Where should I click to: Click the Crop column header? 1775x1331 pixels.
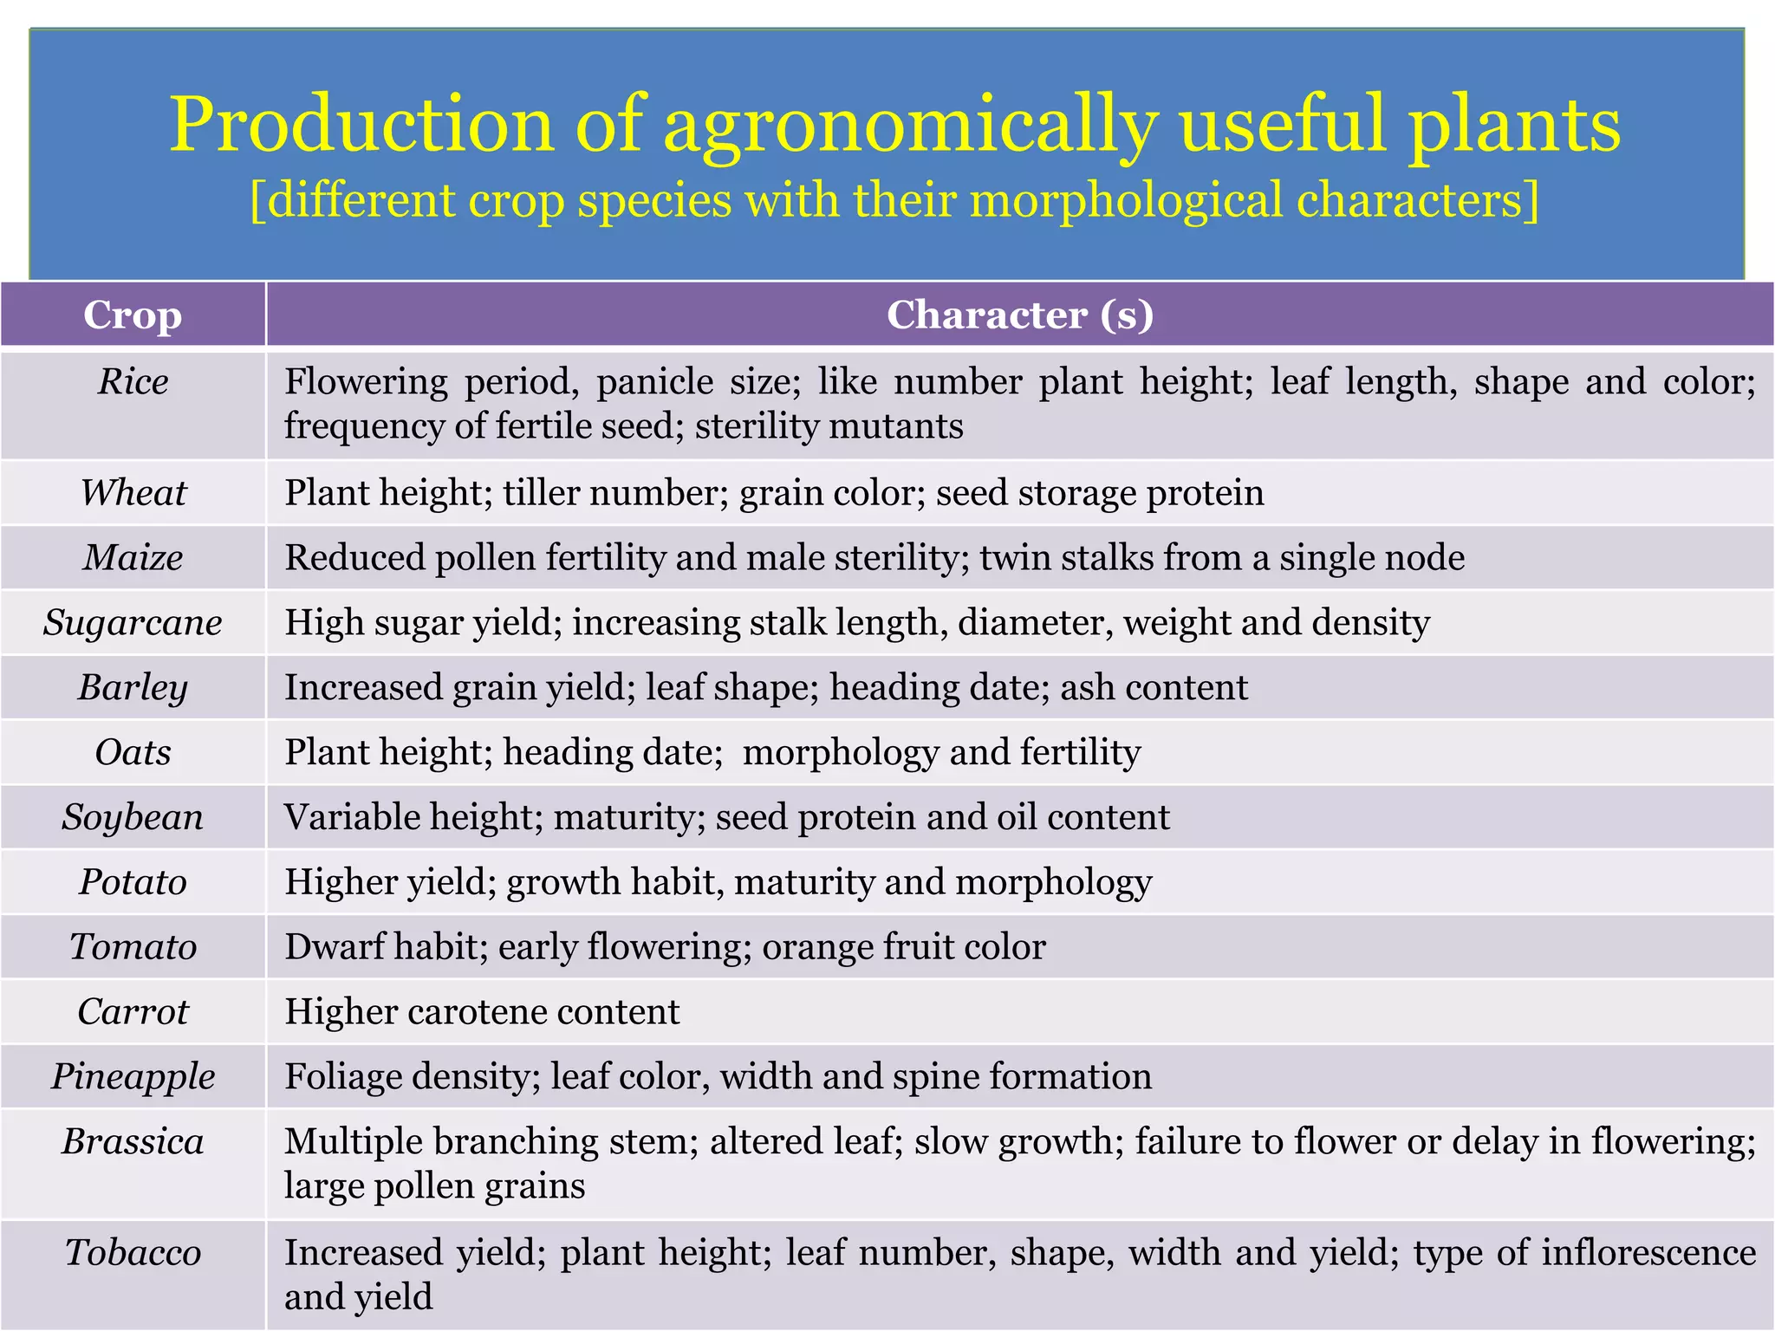(x=133, y=315)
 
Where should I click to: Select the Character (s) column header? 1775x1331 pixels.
(x=1019, y=315)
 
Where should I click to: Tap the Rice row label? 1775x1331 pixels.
(x=133, y=381)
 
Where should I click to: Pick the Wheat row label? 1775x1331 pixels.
(x=133, y=492)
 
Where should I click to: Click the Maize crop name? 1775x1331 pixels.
(x=133, y=557)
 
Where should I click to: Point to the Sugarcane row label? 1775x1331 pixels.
(x=133, y=622)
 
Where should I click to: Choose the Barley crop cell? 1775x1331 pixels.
(x=133, y=687)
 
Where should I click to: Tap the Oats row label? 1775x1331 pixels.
(x=133, y=752)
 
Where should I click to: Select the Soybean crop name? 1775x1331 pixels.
(x=133, y=817)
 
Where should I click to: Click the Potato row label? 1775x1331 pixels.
(x=133, y=882)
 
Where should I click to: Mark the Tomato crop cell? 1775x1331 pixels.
(x=133, y=946)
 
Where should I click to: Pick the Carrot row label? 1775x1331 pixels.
(x=133, y=1011)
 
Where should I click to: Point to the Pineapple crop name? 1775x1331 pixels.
(x=133, y=1076)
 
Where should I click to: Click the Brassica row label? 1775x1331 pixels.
(x=133, y=1141)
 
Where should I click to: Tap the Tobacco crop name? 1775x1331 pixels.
(x=133, y=1252)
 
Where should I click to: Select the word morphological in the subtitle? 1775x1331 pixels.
(x=1125, y=200)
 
